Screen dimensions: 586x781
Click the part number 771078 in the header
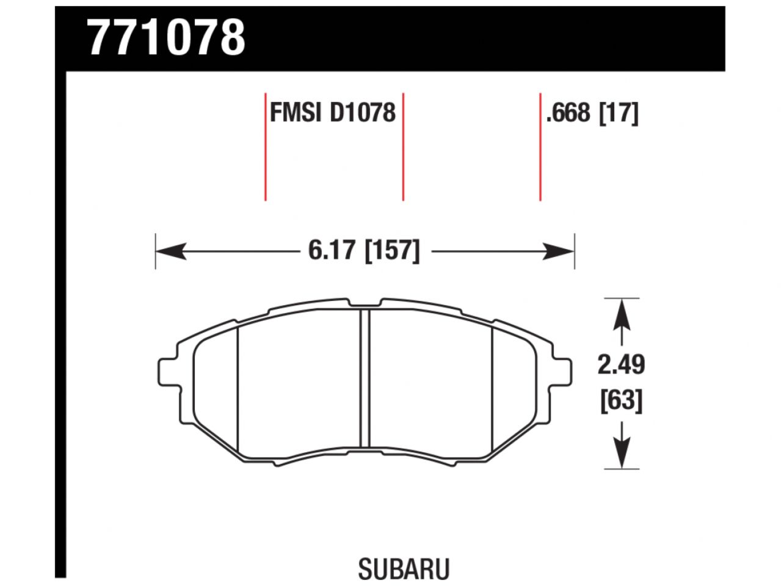click(x=167, y=38)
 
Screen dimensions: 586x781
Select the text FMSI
click(x=296, y=113)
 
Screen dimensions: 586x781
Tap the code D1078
click(x=362, y=113)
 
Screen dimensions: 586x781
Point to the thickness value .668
click(x=568, y=113)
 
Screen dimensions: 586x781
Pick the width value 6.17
click(x=332, y=250)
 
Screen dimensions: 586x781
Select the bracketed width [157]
click(x=392, y=250)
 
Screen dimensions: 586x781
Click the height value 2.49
click(x=620, y=365)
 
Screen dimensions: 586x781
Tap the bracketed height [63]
click(x=621, y=401)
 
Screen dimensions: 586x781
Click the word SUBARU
click(x=404, y=569)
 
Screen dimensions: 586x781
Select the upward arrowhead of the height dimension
click(x=621, y=312)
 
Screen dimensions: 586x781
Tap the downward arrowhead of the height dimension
click(x=621, y=455)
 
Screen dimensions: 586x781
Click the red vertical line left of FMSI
click(x=266, y=146)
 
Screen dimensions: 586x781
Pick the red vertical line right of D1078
click(x=403, y=146)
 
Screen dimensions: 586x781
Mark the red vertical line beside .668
click(x=540, y=146)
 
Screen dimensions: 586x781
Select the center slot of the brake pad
click(x=365, y=378)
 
